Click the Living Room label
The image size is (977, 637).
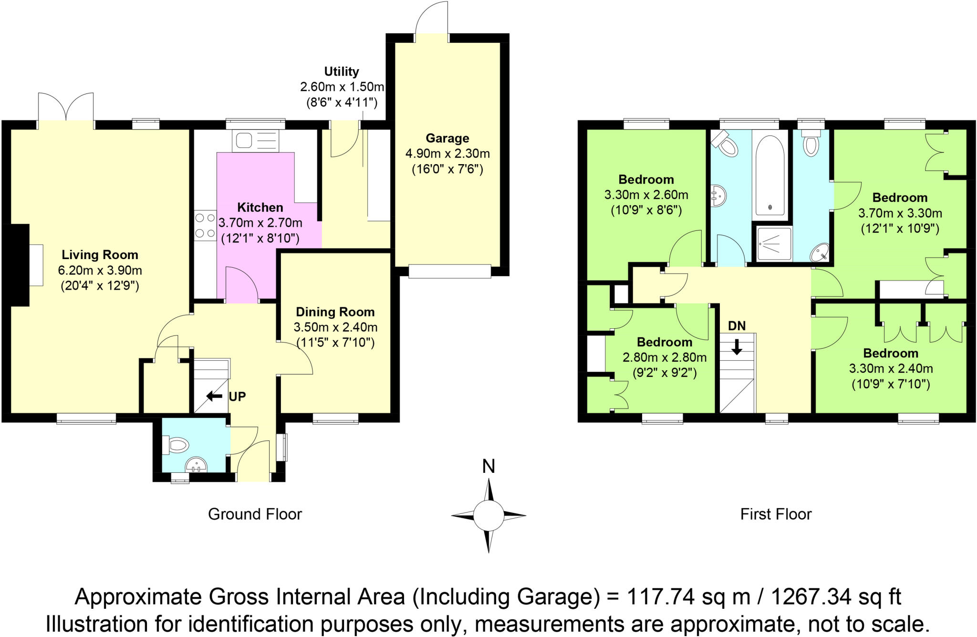point(100,255)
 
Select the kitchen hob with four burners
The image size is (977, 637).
point(205,226)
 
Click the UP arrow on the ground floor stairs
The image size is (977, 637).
point(214,396)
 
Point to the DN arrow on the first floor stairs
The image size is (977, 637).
point(737,346)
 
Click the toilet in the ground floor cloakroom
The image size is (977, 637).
point(176,445)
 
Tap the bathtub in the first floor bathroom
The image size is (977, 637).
point(770,175)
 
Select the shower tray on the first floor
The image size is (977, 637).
point(774,244)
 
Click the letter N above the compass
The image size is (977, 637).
point(488,466)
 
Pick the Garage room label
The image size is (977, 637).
point(447,138)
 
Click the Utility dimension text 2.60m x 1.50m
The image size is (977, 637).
point(342,87)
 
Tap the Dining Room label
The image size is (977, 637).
point(335,312)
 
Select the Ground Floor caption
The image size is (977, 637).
point(255,514)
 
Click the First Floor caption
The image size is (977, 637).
point(776,514)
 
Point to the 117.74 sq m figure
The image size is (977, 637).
point(688,596)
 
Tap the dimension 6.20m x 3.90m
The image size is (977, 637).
point(100,271)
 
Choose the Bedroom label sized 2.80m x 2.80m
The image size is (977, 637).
point(665,342)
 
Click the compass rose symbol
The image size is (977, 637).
point(488,515)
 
